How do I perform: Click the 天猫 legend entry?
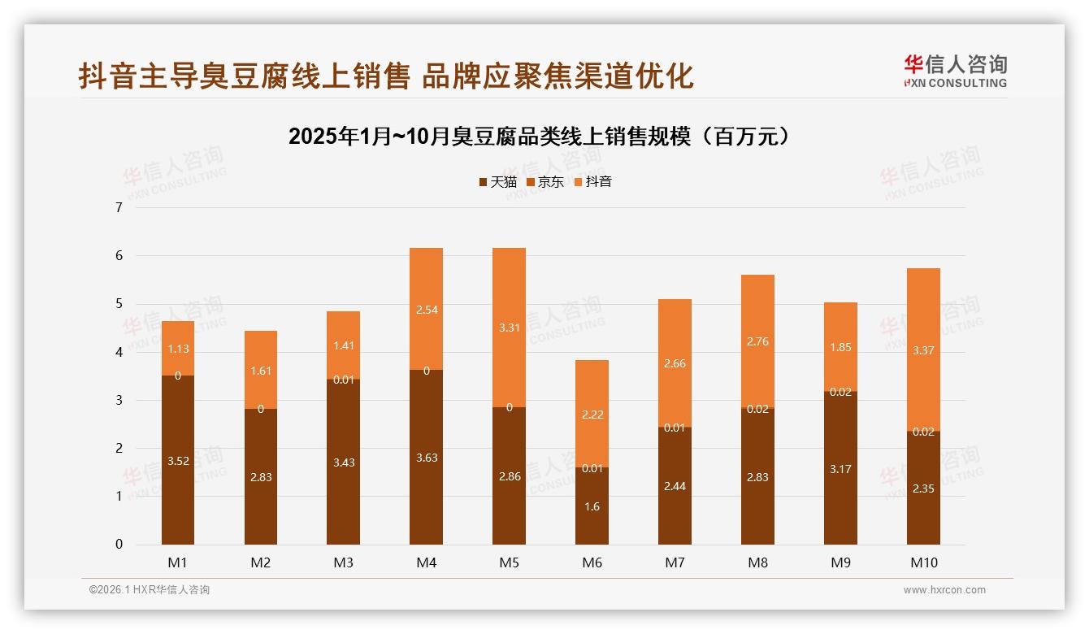(x=497, y=182)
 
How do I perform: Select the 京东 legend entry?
(x=544, y=182)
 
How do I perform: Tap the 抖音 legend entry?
(x=592, y=182)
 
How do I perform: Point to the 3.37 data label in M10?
(x=923, y=350)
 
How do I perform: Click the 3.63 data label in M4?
(x=427, y=458)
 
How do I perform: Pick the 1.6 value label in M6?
(x=592, y=506)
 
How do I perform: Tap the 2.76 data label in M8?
(x=757, y=341)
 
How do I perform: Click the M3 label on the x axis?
(x=344, y=562)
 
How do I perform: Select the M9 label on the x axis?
(x=840, y=562)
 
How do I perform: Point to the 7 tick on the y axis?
(x=119, y=207)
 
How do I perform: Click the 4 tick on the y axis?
(x=119, y=352)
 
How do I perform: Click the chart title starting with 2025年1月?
(x=539, y=137)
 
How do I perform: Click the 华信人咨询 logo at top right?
(x=955, y=71)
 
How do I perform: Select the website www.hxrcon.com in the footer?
(x=944, y=590)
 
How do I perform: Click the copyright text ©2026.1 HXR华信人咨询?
(x=149, y=590)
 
